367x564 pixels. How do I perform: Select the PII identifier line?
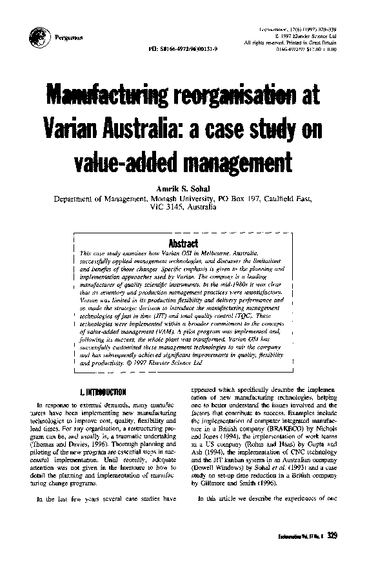point(183,49)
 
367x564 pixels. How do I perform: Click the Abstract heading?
point(183,225)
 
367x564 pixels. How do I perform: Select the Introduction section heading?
point(102,391)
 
